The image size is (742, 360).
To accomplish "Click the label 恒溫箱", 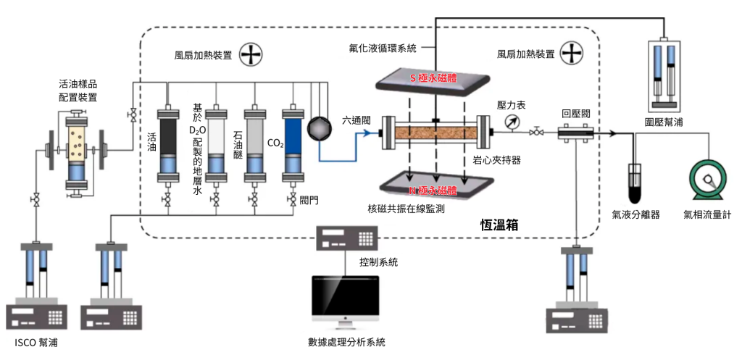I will click(499, 225).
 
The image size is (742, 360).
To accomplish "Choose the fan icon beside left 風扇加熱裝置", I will click(251, 54).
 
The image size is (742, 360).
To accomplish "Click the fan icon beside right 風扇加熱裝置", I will click(572, 54).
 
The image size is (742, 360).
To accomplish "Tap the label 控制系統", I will click(378, 261).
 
